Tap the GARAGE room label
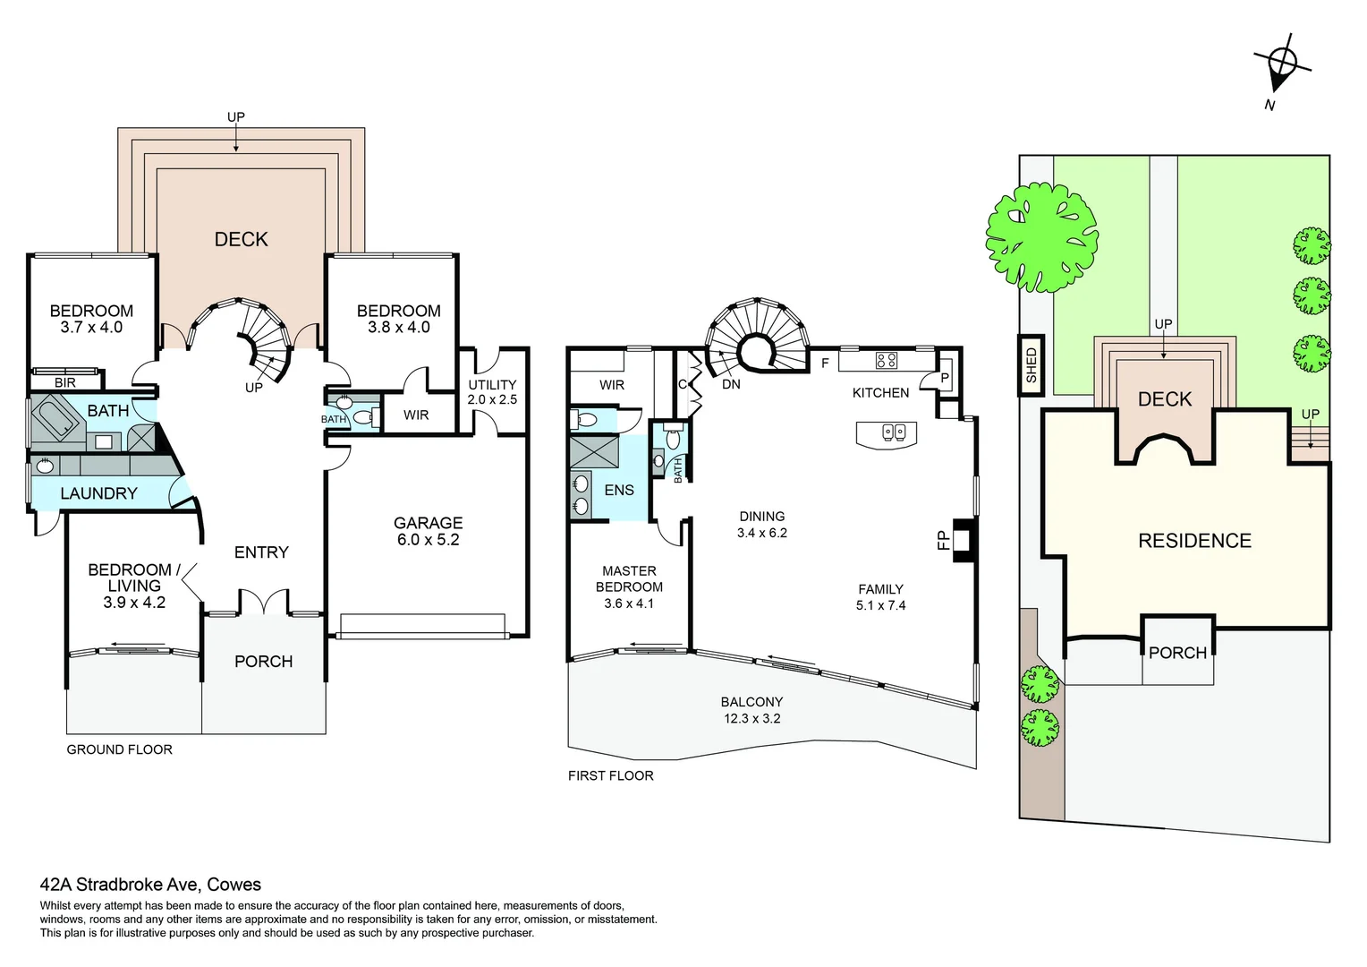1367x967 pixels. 428,531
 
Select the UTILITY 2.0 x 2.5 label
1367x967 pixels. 492,392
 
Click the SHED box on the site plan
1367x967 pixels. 1032,365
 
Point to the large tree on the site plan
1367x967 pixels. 1041,235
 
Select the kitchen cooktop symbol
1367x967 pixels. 886,361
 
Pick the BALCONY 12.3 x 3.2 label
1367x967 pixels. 751,710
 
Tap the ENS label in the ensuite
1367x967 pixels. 619,490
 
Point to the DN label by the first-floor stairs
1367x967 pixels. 731,384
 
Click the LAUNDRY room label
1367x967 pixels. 98,493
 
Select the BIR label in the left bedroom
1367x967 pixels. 65,382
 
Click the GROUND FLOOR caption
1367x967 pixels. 119,749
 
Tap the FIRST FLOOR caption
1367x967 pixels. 610,775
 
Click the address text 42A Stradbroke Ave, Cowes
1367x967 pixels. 150,885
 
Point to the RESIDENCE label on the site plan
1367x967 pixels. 1193,541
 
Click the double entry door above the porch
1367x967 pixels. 263,603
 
